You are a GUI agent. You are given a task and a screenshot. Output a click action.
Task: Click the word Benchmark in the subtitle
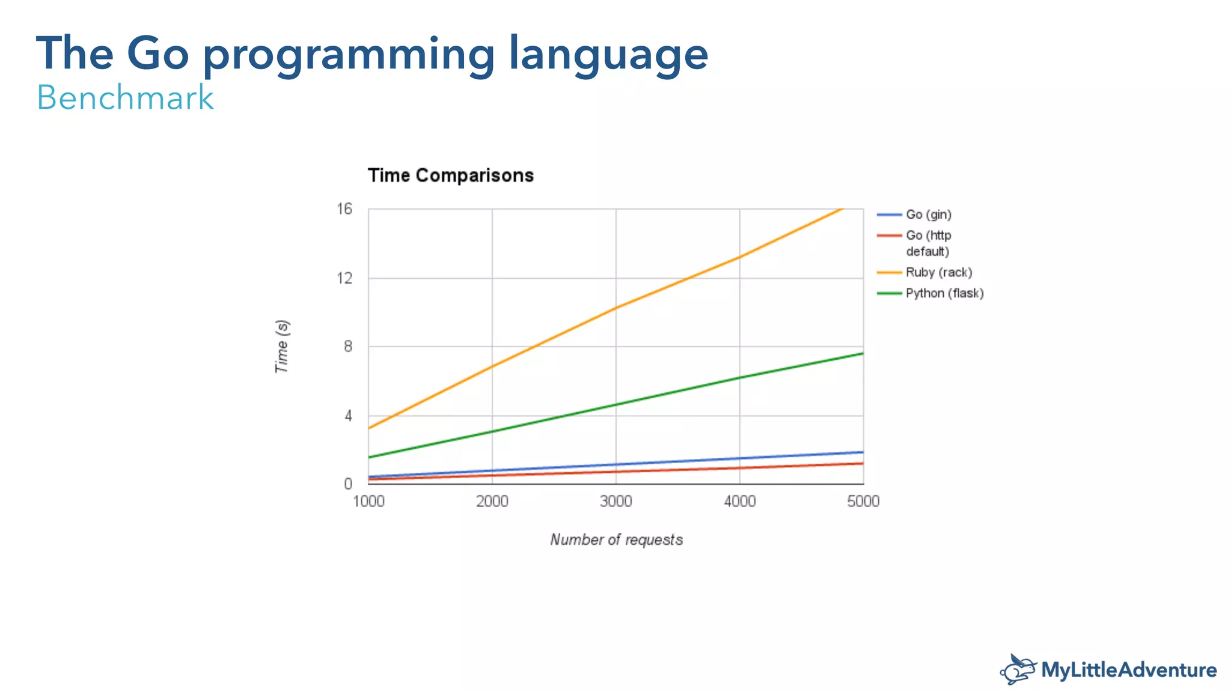point(125,97)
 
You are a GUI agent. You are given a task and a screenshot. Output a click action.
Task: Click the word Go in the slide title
point(157,54)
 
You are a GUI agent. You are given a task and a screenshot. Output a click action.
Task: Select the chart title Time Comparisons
point(450,175)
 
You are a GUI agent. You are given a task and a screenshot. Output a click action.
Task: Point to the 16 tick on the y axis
point(344,209)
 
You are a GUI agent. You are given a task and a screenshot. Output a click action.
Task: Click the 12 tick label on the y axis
point(344,278)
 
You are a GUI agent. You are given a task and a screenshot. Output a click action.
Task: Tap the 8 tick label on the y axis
point(348,347)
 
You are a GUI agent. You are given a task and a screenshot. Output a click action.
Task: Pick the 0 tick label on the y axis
point(348,484)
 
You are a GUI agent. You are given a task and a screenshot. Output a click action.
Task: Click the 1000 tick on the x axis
point(368,502)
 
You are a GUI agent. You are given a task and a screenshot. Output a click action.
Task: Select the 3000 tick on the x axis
point(616,502)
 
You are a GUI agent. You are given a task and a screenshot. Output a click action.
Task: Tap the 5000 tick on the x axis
point(863,502)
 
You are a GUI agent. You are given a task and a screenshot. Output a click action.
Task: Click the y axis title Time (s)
point(282,347)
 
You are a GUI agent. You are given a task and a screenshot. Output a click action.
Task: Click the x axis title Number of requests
point(616,539)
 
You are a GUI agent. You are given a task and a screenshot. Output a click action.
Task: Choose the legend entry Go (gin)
point(928,214)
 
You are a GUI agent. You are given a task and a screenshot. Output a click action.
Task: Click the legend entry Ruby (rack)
point(938,272)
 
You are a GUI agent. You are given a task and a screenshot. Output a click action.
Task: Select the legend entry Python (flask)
point(944,293)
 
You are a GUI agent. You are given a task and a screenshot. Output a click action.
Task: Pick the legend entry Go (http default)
point(928,243)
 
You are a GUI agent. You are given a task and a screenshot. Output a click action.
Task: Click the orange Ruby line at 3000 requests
point(616,308)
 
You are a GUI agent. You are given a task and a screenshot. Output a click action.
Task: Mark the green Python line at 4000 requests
point(740,377)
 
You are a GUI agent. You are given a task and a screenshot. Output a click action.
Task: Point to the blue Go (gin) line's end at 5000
point(863,452)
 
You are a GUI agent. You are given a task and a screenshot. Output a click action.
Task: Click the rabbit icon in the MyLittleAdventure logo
point(1018,670)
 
